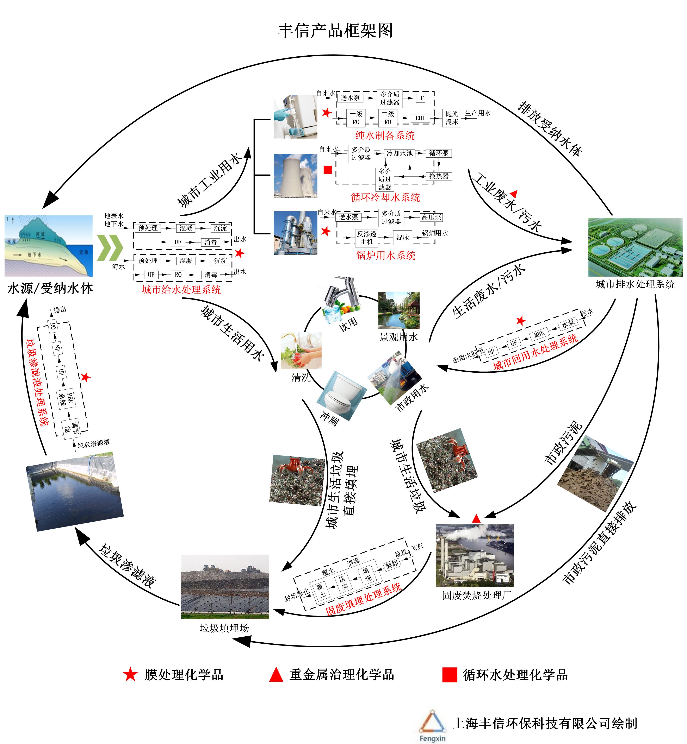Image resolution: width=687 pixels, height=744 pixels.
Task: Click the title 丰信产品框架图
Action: tap(335, 30)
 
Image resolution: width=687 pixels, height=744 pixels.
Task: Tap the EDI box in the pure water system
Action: tap(420, 118)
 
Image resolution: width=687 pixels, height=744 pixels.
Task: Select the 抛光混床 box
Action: tap(452, 118)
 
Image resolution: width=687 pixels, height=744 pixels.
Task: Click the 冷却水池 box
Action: tap(400, 153)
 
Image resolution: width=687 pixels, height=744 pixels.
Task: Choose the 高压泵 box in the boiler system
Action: tap(431, 217)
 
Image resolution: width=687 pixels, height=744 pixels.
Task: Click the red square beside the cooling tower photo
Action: tap(328, 170)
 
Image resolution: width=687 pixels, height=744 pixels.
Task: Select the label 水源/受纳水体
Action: tap(50, 288)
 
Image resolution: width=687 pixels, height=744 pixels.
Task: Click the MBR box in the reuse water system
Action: tap(539, 334)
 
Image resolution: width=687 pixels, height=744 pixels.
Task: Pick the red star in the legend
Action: tap(130, 675)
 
